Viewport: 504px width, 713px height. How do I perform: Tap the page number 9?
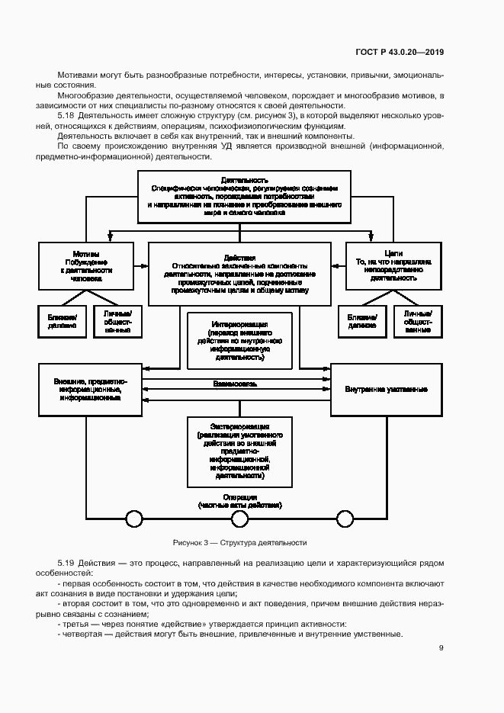(x=441, y=648)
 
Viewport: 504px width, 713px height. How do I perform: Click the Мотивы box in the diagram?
(x=87, y=266)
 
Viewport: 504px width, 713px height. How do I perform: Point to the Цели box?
(x=393, y=266)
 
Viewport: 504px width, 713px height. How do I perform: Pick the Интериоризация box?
(x=239, y=340)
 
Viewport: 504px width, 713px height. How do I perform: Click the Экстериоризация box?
(x=239, y=451)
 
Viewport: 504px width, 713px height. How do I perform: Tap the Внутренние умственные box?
(x=386, y=389)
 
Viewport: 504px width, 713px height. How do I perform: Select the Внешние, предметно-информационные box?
(x=91, y=389)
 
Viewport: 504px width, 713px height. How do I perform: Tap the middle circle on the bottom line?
(x=239, y=519)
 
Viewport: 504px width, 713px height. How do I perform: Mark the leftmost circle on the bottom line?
(x=134, y=519)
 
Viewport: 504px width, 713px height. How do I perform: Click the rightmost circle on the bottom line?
(x=345, y=519)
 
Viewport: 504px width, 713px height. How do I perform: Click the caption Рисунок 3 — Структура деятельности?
(x=239, y=543)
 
